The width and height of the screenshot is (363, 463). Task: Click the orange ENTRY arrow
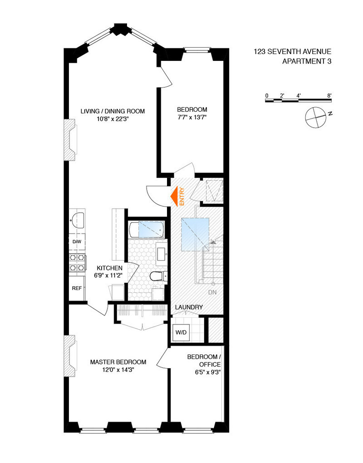point(174,196)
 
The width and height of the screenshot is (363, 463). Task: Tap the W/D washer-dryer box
point(181,332)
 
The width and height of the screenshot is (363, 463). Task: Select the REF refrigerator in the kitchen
point(76,288)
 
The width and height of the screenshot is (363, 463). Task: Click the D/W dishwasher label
point(77,241)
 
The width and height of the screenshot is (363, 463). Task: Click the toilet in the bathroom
point(155,276)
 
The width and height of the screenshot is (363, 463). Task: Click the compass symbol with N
point(315,116)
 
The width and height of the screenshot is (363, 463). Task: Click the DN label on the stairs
point(212,292)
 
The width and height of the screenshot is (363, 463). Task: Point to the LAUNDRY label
point(189,307)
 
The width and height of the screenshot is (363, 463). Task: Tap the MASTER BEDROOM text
point(118,362)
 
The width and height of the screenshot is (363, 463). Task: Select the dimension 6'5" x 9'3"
point(205,373)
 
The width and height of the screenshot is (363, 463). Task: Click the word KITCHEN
point(110,268)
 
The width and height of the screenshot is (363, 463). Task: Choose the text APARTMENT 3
point(307,61)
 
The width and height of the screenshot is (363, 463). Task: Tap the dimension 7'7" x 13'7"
point(192,118)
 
